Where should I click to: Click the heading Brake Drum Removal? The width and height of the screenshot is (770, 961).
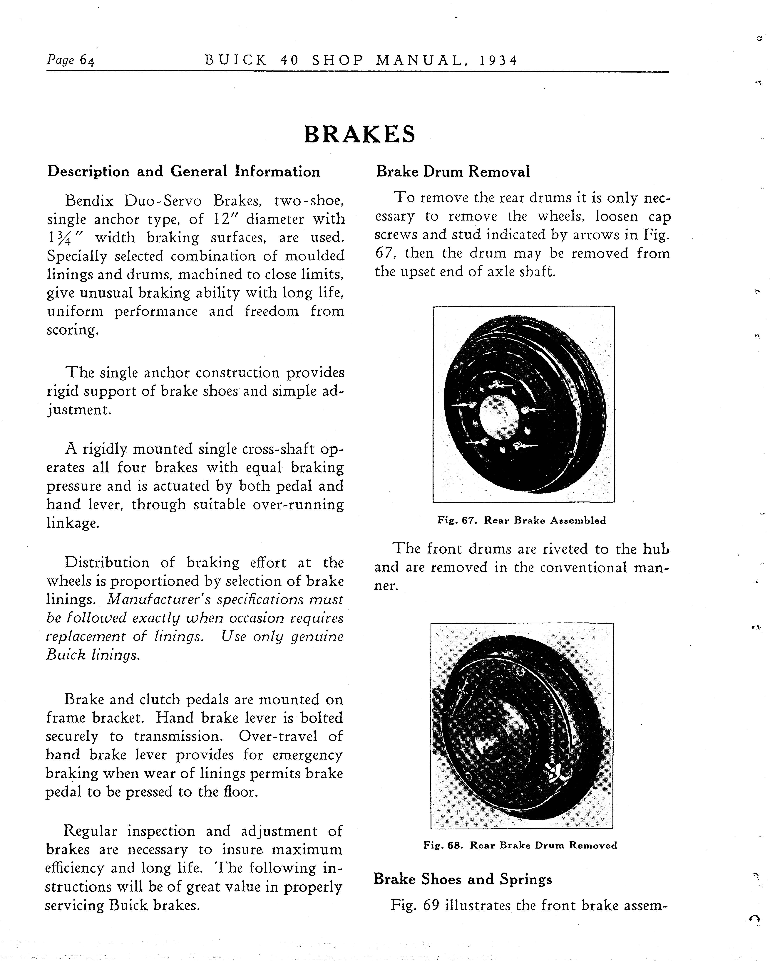[453, 172]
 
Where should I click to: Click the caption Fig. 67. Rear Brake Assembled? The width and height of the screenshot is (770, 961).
[522, 520]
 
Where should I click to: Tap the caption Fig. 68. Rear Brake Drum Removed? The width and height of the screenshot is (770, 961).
[520, 845]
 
